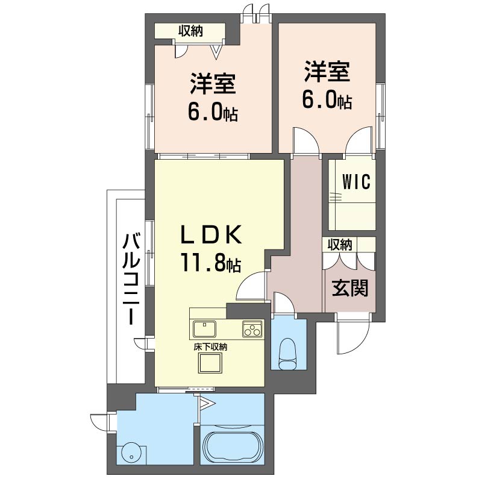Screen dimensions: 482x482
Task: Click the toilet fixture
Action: click(287, 354)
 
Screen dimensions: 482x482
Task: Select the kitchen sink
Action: click(204, 328)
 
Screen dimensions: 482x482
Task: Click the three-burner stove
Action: click(252, 329)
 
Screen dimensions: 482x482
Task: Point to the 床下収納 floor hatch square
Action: click(210, 363)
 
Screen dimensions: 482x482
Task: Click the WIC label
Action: click(356, 181)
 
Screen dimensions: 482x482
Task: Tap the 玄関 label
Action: click(350, 288)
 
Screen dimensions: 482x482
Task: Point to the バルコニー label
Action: click(131, 279)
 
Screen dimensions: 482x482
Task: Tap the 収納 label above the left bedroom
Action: click(191, 31)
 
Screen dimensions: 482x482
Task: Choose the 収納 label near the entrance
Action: click(340, 245)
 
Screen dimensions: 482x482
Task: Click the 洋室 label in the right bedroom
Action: click(327, 72)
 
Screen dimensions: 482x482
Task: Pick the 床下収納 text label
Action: click(210, 348)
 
